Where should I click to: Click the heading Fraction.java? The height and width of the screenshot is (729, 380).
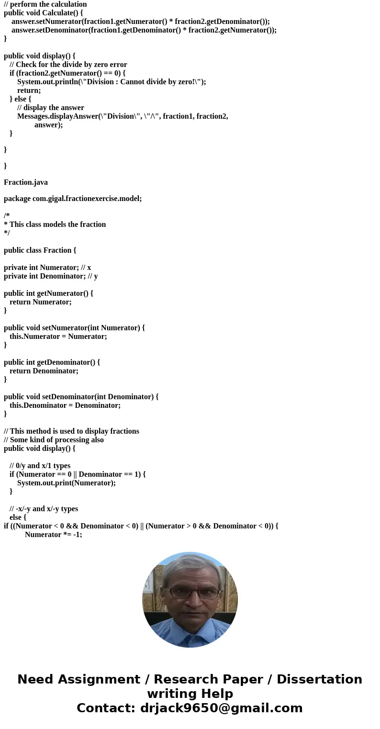[x=26, y=182]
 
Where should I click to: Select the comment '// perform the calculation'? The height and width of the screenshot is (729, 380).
[x=45, y=4]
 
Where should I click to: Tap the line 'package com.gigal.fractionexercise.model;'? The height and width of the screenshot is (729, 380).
[x=73, y=199]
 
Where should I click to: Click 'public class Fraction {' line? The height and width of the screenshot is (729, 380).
[x=40, y=250]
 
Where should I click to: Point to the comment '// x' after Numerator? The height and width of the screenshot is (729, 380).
[x=86, y=268]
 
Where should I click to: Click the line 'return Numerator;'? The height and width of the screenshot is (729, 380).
[x=41, y=302]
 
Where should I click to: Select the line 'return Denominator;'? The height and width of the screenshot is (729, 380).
[x=44, y=371]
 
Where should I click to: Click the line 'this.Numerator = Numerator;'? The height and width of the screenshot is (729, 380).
[x=58, y=336]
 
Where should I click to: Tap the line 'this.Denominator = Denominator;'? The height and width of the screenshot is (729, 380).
[x=65, y=405]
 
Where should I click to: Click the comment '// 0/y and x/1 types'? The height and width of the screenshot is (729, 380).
[x=40, y=466]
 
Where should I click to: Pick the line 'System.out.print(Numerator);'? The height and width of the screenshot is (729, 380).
[x=67, y=483]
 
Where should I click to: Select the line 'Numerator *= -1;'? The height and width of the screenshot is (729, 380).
[x=54, y=535]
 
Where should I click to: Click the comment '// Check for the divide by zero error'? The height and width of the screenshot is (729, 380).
[x=68, y=65]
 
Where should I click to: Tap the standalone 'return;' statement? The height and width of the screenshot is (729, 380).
[x=29, y=90]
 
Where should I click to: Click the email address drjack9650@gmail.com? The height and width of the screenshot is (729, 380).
[x=221, y=708]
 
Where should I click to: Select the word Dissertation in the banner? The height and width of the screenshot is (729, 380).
[x=319, y=680]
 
